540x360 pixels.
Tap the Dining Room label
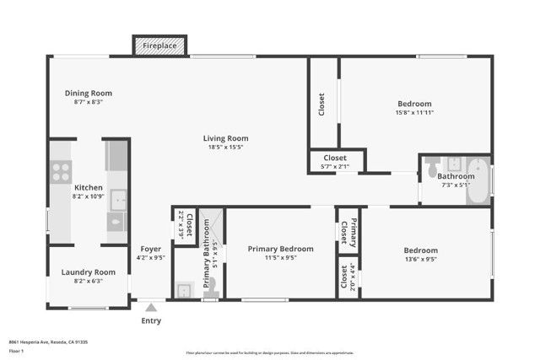89,94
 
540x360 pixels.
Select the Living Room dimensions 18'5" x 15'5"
225,148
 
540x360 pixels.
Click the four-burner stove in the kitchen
61,172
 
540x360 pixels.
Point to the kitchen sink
117,200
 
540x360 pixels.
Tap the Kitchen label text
89,188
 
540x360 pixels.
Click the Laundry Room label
88,272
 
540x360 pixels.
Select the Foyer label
151,249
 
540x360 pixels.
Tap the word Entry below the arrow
151,321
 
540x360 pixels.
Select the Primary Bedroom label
280,249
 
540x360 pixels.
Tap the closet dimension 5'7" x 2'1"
335,167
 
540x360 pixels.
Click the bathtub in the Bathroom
478,180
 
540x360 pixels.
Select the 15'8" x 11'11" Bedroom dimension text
414,112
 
